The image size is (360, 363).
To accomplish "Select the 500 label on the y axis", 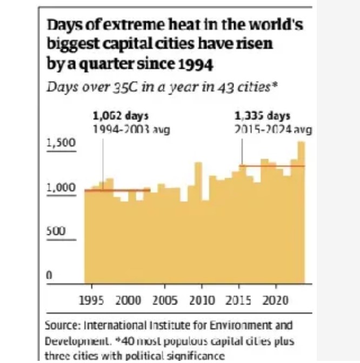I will (x=55, y=230).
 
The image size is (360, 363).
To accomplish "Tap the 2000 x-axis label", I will (x=128, y=300).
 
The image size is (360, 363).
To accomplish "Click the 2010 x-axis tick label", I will (x=202, y=300).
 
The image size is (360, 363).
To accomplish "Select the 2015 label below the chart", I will (x=239, y=300).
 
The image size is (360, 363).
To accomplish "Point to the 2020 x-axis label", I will (x=276, y=300).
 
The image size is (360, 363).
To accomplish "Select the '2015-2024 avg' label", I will (x=273, y=129).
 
